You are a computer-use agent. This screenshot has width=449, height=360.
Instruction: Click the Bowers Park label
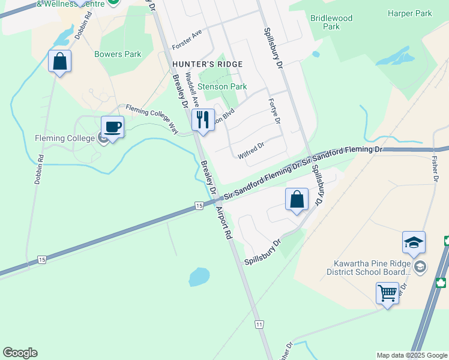point(118,54)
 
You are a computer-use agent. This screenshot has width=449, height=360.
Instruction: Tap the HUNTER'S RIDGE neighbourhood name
point(208,64)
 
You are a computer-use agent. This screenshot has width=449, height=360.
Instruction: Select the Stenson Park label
point(222,86)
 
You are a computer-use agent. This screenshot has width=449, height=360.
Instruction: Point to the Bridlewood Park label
point(331,22)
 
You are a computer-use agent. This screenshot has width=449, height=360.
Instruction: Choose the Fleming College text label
point(65,138)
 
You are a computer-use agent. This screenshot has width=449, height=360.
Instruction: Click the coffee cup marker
point(112,127)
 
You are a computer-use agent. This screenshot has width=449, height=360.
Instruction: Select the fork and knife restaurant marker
point(202,119)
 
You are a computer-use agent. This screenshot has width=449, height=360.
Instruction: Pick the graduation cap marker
point(414,242)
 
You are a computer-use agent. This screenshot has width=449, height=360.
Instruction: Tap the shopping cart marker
point(388,293)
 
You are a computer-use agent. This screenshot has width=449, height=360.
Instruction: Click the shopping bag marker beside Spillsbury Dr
point(297,199)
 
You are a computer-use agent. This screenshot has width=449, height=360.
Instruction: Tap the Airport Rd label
point(224,221)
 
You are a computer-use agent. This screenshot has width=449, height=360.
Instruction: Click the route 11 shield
point(259,324)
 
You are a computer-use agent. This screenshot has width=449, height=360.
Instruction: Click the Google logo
point(20,353)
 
